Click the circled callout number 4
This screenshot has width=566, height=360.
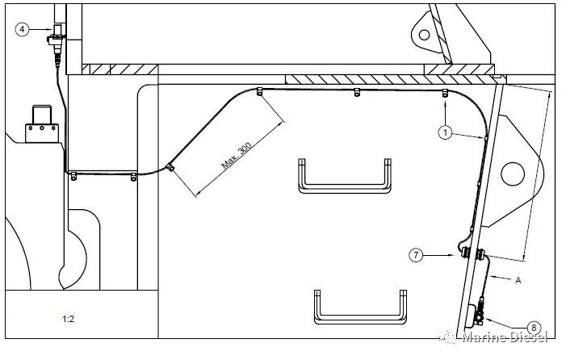(x=22, y=29)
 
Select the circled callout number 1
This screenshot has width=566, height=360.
(x=445, y=132)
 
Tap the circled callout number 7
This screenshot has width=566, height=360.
(x=416, y=255)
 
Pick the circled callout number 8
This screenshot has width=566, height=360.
(x=534, y=328)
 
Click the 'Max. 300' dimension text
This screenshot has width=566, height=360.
(x=237, y=157)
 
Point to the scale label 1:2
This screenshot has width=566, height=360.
(x=68, y=319)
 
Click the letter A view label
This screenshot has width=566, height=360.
(x=518, y=280)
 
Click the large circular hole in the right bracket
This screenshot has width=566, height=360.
(x=513, y=174)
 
